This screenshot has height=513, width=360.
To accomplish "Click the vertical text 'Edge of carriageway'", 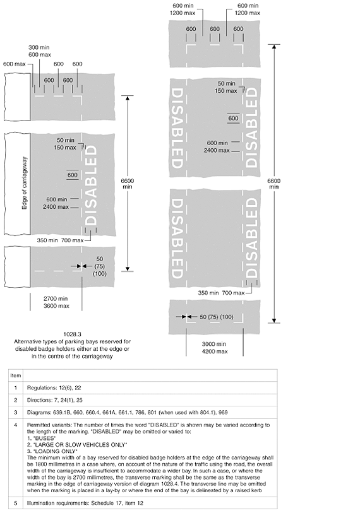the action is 25,184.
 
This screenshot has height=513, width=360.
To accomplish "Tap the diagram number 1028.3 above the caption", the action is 72,334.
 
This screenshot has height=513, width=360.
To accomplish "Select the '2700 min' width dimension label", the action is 56,298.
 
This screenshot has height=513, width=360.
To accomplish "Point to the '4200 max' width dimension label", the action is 215,351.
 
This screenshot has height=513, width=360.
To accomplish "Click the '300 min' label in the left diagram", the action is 39,47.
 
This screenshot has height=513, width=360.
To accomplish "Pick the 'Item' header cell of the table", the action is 15,375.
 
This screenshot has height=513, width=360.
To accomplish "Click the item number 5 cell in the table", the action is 15,503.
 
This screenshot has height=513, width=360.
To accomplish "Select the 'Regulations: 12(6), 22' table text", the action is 54,387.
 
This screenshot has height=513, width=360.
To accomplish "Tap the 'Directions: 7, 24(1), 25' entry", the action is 55,400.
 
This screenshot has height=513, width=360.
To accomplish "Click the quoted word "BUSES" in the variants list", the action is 45,438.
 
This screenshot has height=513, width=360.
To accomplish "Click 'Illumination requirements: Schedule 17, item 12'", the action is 85,503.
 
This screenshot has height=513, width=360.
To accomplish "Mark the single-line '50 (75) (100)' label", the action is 217,317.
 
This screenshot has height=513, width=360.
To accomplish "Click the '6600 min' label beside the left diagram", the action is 128,184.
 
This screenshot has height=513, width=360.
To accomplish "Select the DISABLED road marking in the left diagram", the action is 91,186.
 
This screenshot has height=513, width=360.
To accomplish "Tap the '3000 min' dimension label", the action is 214,344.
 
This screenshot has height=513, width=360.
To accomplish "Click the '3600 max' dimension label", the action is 56,306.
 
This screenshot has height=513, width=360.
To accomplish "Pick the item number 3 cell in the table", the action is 15,412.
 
